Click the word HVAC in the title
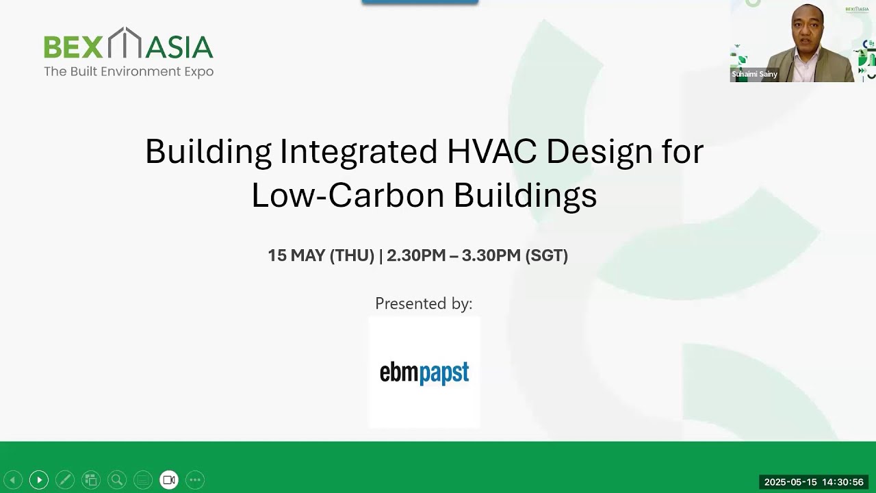pyautogui.click(x=492, y=151)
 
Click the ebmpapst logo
pyautogui.click(x=424, y=372)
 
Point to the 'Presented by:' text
pyautogui.click(x=424, y=303)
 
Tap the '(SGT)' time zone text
pyautogui.click(x=546, y=255)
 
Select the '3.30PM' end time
pyautogui.click(x=491, y=255)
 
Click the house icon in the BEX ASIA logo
pyautogui.click(x=125, y=42)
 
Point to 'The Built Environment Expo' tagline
pyautogui.click(x=129, y=72)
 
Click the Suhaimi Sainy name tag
pyautogui.click(x=754, y=74)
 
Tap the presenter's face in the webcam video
pyautogui.click(x=807, y=27)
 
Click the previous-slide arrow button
pyautogui.click(x=13, y=480)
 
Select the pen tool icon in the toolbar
pyautogui.click(x=65, y=480)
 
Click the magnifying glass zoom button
pyautogui.click(x=117, y=480)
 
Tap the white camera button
pyautogui.click(x=169, y=480)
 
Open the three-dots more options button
pyautogui.click(x=195, y=480)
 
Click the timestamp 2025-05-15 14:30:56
pyautogui.click(x=814, y=482)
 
